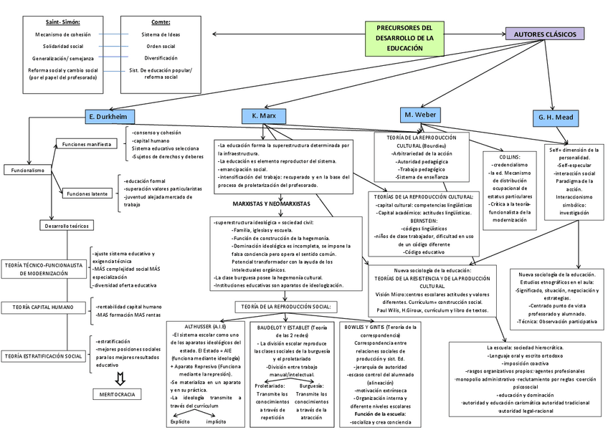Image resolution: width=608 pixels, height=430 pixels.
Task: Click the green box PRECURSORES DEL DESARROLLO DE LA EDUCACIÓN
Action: pyautogui.click(x=405, y=37)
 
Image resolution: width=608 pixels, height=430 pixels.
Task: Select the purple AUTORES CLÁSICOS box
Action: pyautogui.click(x=544, y=34)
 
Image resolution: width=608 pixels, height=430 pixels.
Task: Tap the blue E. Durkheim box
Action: pyautogui.click(x=107, y=116)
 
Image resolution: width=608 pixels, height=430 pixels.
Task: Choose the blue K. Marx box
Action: pyautogui.click(x=268, y=115)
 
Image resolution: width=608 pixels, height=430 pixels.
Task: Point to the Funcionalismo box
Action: pyautogui.click(x=27, y=171)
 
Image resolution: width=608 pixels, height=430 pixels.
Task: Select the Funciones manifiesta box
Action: pyautogui.click(x=85, y=144)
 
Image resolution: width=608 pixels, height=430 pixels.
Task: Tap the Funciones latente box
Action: pyautogui.click(x=87, y=193)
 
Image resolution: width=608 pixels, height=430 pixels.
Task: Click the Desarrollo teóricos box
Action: pyautogui.click(x=65, y=226)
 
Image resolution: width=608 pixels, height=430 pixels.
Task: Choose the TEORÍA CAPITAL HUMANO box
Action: pyautogui.click(x=43, y=307)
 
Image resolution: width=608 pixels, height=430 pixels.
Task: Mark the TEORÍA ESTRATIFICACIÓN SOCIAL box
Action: pyautogui.click(x=43, y=355)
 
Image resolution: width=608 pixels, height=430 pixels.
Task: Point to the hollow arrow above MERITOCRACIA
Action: pyautogui.click(x=120, y=378)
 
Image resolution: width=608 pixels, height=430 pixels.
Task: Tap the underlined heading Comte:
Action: pyautogui.click(x=161, y=22)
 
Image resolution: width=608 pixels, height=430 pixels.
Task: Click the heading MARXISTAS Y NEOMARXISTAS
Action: pyautogui.click(x=267, y=204)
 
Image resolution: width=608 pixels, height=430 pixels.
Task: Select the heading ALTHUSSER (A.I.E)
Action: pyautogui.click(x=206, y=326)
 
